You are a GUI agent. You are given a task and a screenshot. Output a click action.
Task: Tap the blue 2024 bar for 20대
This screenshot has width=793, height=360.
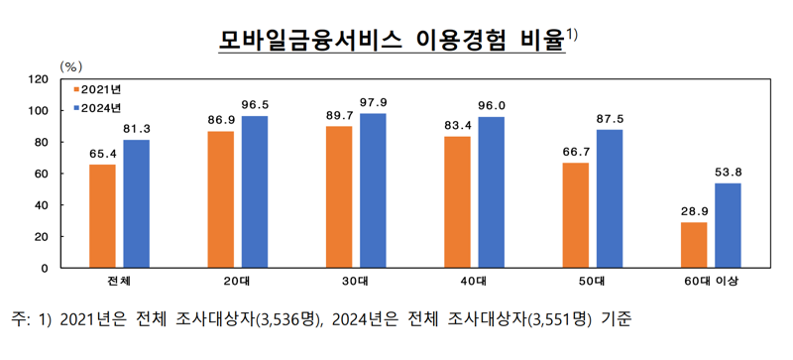coord(256,191)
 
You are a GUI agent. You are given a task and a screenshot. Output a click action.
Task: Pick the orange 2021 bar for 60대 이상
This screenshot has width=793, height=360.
coord(694,245)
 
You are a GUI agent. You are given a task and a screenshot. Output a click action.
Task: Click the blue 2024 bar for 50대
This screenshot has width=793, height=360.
coord(610,198)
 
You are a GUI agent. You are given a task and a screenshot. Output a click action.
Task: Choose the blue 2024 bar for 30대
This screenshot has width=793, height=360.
coord(374,190)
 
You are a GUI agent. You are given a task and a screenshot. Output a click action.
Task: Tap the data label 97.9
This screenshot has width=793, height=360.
coord(374,103)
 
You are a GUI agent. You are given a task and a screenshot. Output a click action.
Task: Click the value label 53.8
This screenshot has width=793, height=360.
coord(728,174)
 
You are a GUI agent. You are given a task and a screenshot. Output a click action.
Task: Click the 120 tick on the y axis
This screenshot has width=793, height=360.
coord(39,78)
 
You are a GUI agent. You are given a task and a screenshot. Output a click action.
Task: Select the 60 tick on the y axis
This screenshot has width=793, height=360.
coord(42,174)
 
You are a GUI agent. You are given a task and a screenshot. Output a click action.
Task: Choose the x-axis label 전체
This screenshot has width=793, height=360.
coord(119,283)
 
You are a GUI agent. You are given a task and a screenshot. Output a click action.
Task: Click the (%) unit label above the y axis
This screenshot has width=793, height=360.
coord(71,65)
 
